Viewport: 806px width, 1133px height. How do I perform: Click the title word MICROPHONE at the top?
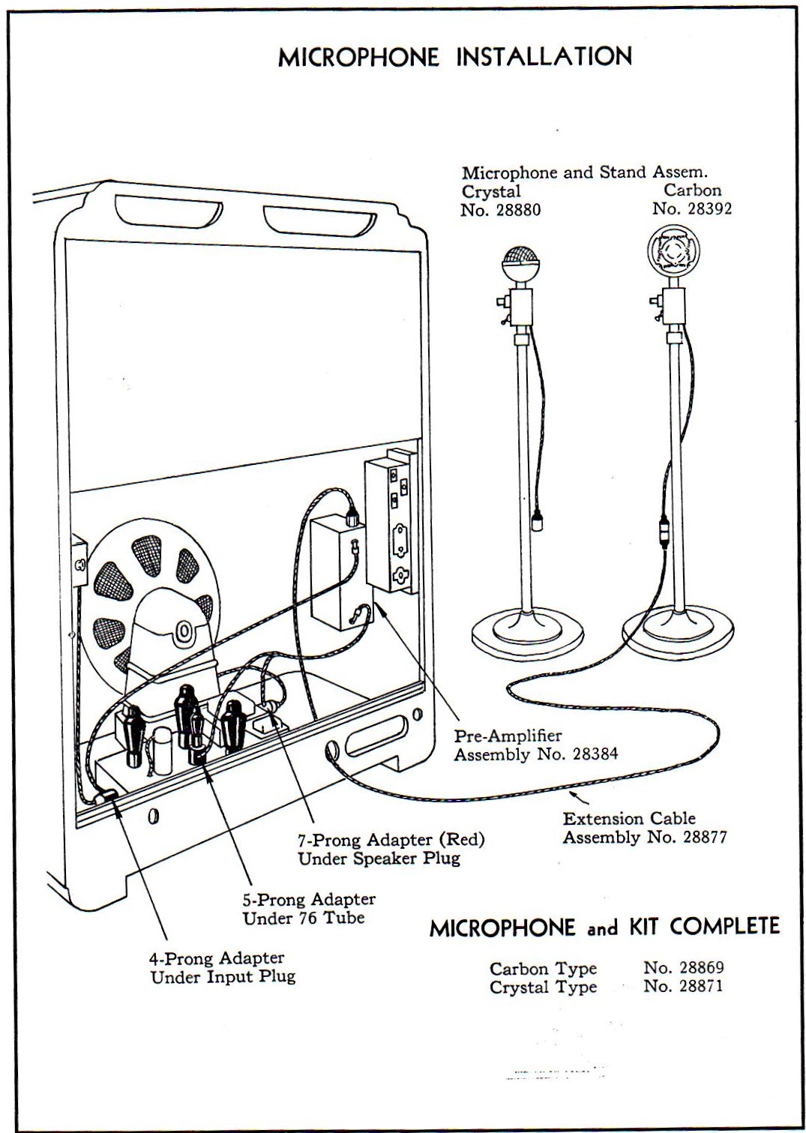pyautogui.click(x=358, y=58)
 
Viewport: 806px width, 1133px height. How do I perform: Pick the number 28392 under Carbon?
pyautogui.click(x=706, y=208)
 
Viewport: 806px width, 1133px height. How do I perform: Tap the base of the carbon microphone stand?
pyautogui.click(x=679, y=628)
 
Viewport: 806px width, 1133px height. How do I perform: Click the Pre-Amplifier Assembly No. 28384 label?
pyautogui.click(x=535, y=745)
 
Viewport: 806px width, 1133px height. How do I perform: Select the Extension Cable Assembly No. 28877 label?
pyautogui.click(x=644, y=828)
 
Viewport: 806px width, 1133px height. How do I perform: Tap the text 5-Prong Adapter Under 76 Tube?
pyautogui.click(x=308, y=908)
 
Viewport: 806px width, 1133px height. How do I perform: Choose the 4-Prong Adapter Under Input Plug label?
pyautogui.click(x=223, y=967)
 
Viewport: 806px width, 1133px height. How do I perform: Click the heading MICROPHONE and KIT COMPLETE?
pyautogui.click(x=604, y=927)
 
